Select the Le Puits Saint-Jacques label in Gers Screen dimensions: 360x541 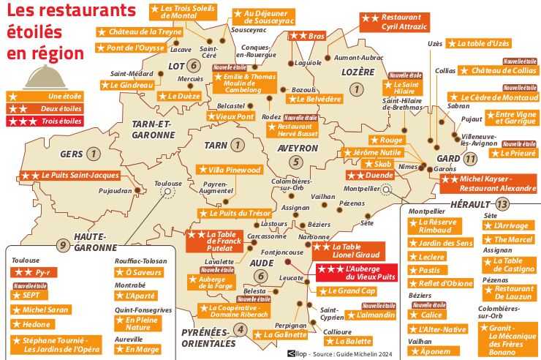[69, 176]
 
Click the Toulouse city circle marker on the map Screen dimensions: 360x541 [168, 192]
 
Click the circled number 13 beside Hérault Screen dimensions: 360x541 [502, 203]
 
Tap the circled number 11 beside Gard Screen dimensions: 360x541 [470, 158]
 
